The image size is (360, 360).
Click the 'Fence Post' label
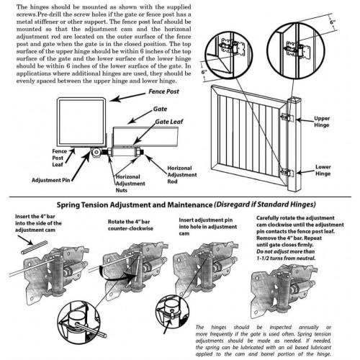(x=163, y=91)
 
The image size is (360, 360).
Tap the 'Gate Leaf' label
(x=169, y=122)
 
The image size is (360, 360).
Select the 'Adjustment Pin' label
(x=51, y=180)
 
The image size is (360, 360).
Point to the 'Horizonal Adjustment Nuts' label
(x=130, y=184)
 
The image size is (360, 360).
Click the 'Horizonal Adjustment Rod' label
(x=182, y=175)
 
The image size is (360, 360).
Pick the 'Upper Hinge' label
(x=322, y=122)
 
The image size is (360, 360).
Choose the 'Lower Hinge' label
(x=323, y=170)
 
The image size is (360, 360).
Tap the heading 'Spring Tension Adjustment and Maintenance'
(x=135, y=205)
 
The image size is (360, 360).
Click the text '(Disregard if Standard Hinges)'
(x=264, y=204)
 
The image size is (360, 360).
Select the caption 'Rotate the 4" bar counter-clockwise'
(x=130, y=225)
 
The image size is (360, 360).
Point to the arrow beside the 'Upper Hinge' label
(x=305, y=120)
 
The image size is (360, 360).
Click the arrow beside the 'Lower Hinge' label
(x=305, y=172)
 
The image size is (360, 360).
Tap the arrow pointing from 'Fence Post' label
(x=127, y=97)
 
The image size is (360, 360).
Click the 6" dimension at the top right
(x=333, y=22)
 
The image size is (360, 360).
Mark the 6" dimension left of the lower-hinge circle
(x=204, y=71)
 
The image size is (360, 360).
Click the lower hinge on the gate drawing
(x=288, y=173)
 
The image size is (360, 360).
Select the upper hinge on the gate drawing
(x=288, y=117)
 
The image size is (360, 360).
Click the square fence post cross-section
(x=81, y=122)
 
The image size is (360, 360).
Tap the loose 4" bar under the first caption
(x=33, y=248)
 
